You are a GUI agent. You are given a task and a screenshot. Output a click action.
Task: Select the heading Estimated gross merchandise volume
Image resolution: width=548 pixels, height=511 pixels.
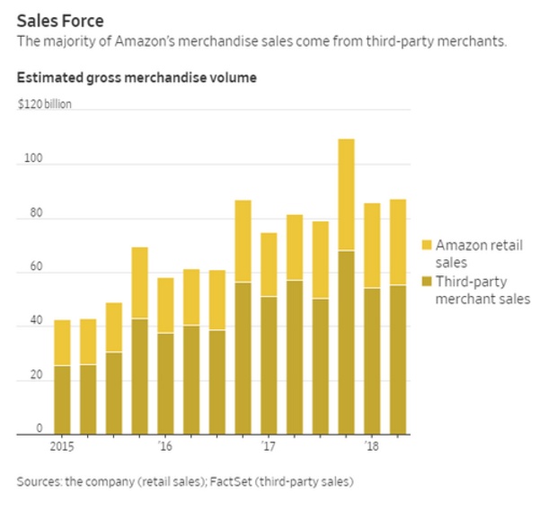(137, 78)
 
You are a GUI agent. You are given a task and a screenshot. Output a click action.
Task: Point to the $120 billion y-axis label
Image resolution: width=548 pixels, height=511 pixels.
(44, 103)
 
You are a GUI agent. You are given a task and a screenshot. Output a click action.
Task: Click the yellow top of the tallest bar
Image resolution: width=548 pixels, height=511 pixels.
(346, 194)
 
